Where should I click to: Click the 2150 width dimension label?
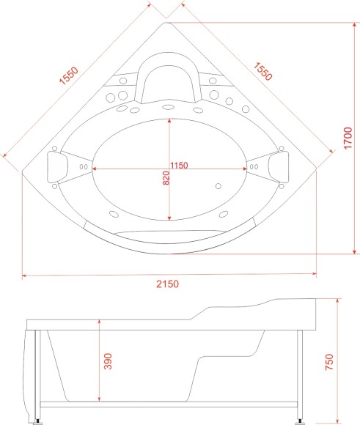pyautogui.click(x=167, y=284)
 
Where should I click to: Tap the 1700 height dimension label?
pyautogui.click(x=348, y=138)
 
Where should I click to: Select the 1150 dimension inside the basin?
pyautogui.click(x=179, y=165)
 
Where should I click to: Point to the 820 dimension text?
pyautogui.click(x=166, y=178)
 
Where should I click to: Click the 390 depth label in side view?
pyautogui.click(x=108, y=361)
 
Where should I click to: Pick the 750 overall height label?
pyautogui.click(x=329, y=362)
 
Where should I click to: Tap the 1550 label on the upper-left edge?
pyautogui.click(x=69, y=75)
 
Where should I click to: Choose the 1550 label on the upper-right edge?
pyautogui.click(x=262, y=72)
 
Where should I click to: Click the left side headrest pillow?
pyautogui.click(x=56, y=167)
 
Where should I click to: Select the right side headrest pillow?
pyautogui.click(x=279, y=167)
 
